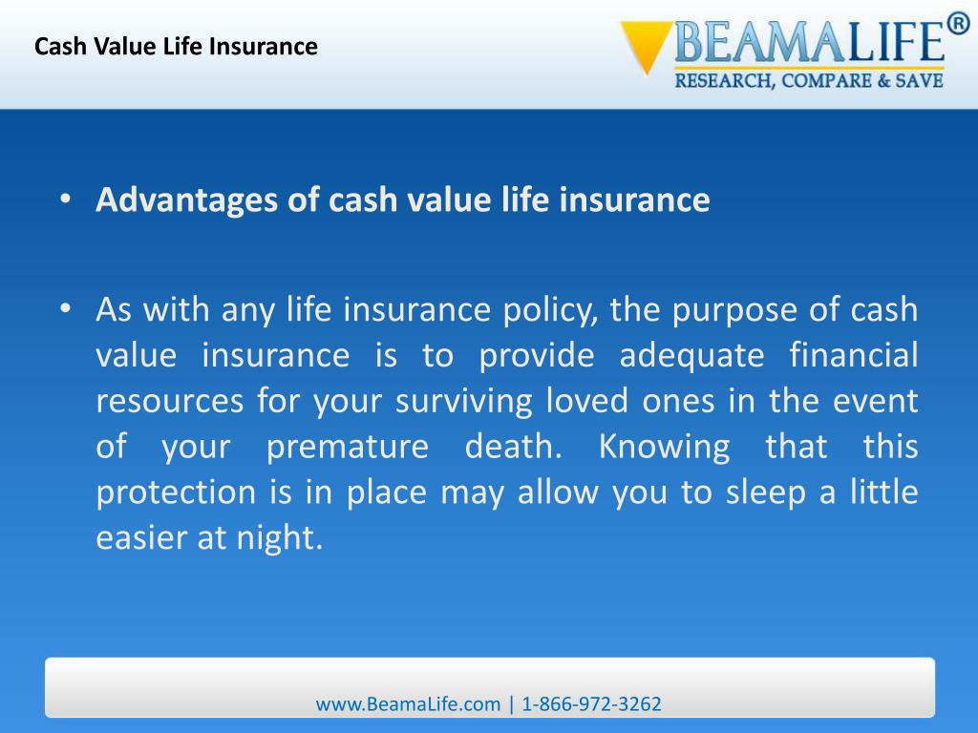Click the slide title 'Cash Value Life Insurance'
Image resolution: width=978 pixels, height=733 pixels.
[176, 46]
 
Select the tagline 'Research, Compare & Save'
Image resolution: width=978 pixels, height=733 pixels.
[809, 81]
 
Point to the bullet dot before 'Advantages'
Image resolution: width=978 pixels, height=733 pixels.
[64, 200]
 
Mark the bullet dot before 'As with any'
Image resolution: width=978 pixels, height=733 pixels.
[64, 310]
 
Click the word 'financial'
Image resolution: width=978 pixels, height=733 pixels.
[854, 356]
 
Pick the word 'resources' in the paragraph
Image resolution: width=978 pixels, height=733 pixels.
[169, 401]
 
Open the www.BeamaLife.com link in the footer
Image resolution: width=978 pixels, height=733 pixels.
[408, 704]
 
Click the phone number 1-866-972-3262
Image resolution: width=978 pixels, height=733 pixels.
[591, 704]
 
